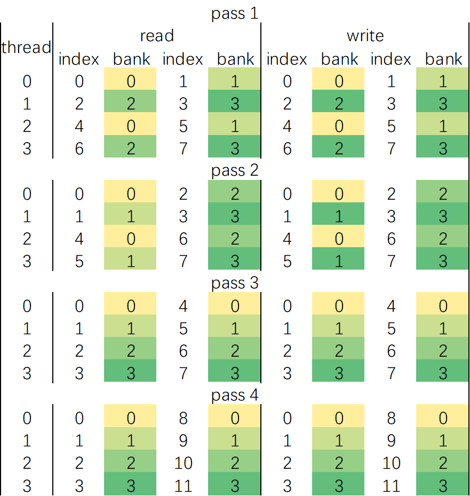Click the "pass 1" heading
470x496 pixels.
235,13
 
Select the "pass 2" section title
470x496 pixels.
235,171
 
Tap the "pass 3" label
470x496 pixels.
235,283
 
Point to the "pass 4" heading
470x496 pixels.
235,396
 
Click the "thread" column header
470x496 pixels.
26,47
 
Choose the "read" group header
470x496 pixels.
157,36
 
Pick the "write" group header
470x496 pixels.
365,36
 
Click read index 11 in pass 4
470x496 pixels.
183,486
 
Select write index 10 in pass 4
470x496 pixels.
391,463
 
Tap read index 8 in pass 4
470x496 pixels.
183,418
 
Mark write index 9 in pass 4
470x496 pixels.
391,440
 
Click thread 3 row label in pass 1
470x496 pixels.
27,148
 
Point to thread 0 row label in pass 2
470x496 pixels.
27,193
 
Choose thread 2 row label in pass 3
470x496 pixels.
27,351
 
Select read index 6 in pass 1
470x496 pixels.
79,148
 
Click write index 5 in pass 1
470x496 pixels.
391,126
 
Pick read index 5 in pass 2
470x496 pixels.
79,261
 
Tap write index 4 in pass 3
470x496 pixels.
391,306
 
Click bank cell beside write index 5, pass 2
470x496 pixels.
339,261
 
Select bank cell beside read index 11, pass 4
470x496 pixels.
235,486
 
